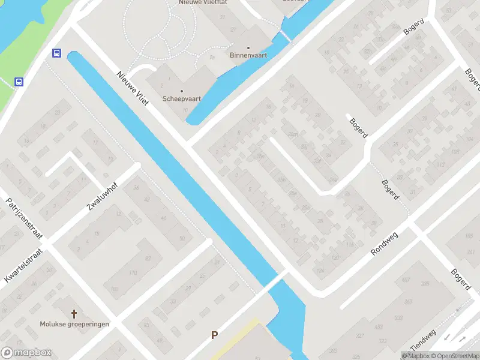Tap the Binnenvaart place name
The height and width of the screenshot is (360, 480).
pyautogui.click(x=248, y=55)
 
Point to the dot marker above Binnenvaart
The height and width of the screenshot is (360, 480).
pyautogui.click(x=248, y=47)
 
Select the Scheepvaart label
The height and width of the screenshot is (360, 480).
pyautogui.click(x=181, y=99)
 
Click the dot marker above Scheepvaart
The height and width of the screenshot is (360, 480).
pyautogui.click(x=182, y=91)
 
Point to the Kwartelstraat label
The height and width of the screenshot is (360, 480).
pyautogui.click(x=24, y=265)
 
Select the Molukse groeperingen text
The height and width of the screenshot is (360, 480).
pyautogui.click(x=74, y=324)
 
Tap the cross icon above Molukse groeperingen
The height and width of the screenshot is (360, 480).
pyautogui.click(x=74, y=314)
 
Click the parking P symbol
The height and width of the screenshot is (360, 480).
pyautogui.click(x=214, y=335)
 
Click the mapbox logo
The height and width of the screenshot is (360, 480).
pyautogui.click(x=26, y=353)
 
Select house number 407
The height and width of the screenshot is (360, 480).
pyautogui.click(x=406, y=280)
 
